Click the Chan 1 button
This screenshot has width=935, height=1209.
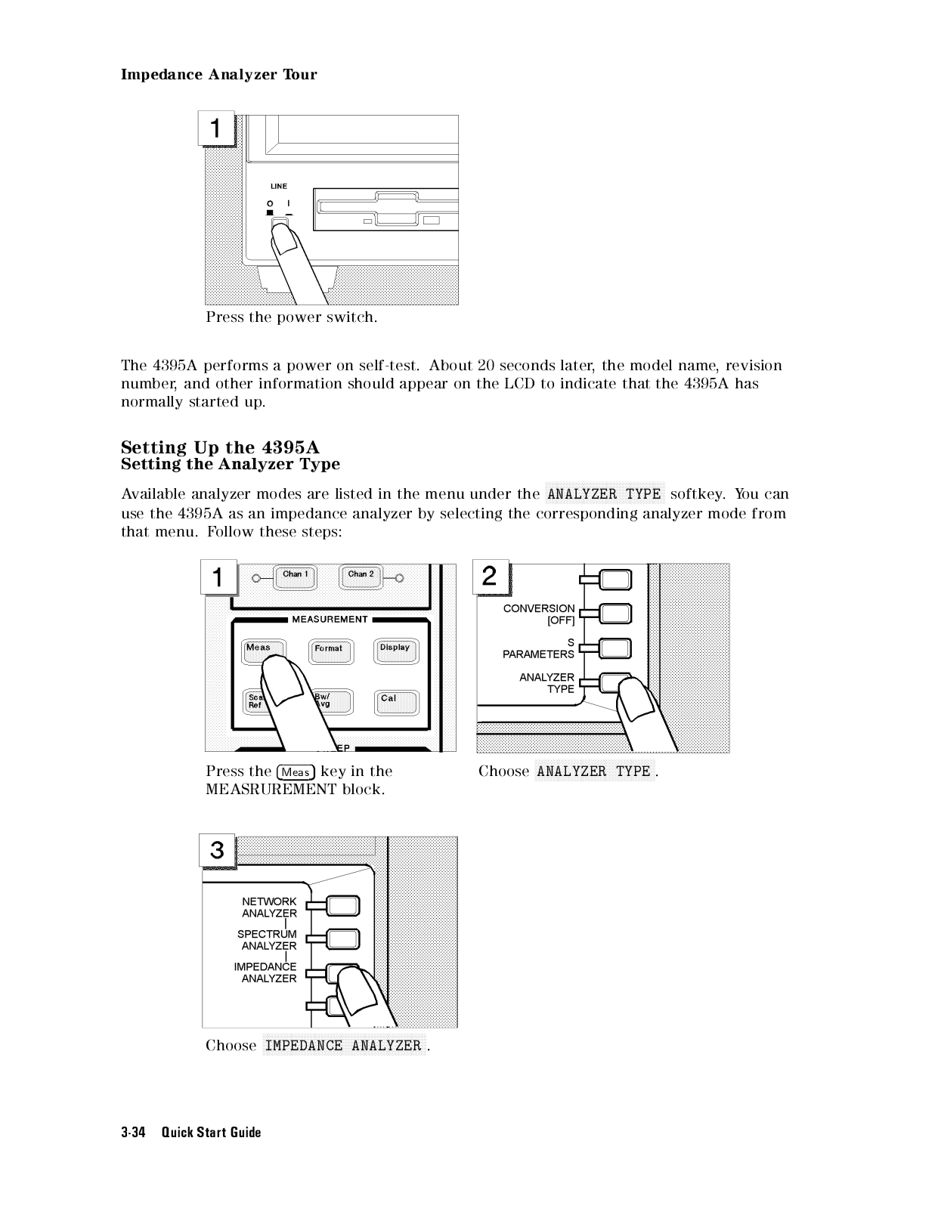[x=295, y=577]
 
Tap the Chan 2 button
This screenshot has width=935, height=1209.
[x=361, y=577]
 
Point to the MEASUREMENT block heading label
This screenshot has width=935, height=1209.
[x=330, y=620]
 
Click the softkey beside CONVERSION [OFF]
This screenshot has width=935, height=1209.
[x=616, y=613]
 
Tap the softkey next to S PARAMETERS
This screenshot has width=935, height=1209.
[x=616, y=648]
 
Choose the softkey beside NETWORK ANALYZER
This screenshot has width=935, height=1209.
[x=343, y=905]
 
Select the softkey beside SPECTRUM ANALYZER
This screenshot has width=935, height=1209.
[x=343, y=938]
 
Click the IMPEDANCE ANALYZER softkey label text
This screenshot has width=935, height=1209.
[x=266, y=972]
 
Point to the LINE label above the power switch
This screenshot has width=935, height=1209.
[x=279, y=186]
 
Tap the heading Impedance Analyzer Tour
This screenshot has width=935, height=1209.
[x=219, y=75]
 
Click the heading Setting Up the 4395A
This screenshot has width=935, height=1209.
[x=220, y=449]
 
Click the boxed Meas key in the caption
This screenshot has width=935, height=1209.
[x=296, y=772]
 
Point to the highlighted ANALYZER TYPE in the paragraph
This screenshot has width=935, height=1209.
[x=604, y=495]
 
